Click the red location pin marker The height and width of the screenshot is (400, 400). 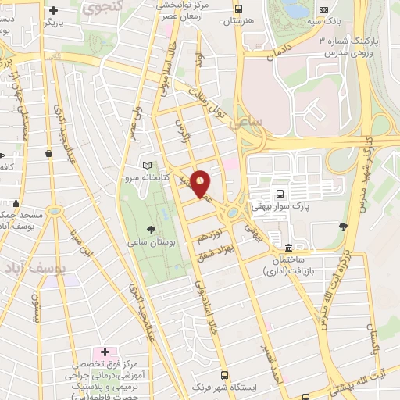click(202, 184)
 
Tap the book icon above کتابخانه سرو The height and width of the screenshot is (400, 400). click(148, 166)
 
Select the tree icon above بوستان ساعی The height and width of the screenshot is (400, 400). click(151, 229)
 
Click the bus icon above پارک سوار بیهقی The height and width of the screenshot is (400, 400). click(279, 193)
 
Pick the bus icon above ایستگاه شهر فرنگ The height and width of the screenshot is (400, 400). click(226, 375)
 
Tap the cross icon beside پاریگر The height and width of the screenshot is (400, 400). click(53, 11)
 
